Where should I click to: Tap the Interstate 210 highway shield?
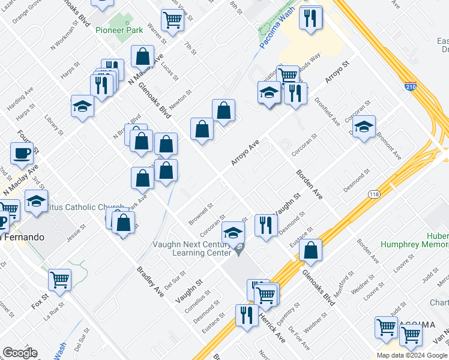(411, 87)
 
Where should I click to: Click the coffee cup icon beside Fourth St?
(22, 153)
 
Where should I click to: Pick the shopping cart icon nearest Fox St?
(60, 279)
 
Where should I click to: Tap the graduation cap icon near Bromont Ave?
(364, 127)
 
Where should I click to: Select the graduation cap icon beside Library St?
(82, 106)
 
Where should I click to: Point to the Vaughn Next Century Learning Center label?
(193, 248)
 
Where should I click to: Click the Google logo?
(19, 352)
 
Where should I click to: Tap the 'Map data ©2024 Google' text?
(412, 355)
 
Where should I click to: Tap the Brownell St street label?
(200, 211)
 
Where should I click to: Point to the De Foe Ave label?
(298, 338)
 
